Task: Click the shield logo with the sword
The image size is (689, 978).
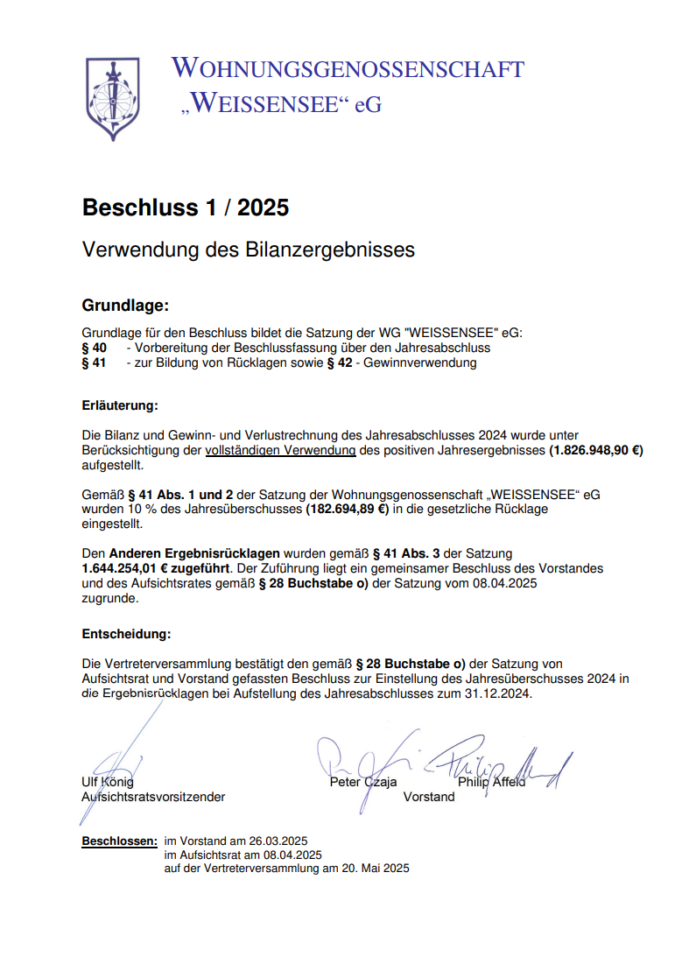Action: click(x=111, y=97)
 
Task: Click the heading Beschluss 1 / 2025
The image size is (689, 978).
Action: click(x=185, y=208)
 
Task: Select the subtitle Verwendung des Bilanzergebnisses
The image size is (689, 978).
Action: click(x=248, y=250)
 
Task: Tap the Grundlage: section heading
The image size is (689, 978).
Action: click(x=124, y=306)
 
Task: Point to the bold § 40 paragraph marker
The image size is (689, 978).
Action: click(x=94, y=348)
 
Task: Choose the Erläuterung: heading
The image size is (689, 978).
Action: click(x=120, y=406)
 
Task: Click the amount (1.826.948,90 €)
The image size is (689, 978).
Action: click(x=596, y=451)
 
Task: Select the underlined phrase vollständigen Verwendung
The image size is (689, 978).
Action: click(x=280, y=451)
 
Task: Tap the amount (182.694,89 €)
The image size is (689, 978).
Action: click(x=347, y=509)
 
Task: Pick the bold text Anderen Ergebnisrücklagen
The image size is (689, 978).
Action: click(x=194, y=553)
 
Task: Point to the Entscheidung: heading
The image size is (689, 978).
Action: click(x=126, y=634)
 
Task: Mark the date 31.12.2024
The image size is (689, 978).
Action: click(x=498, y=693)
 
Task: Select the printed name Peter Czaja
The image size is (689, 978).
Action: click(x=362, y=782)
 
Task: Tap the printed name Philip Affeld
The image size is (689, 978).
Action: click(x=491, y=782)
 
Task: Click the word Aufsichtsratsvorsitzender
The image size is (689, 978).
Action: click(x=153, y=797)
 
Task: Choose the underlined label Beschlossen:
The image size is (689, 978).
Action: click(x=120, y=841)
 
